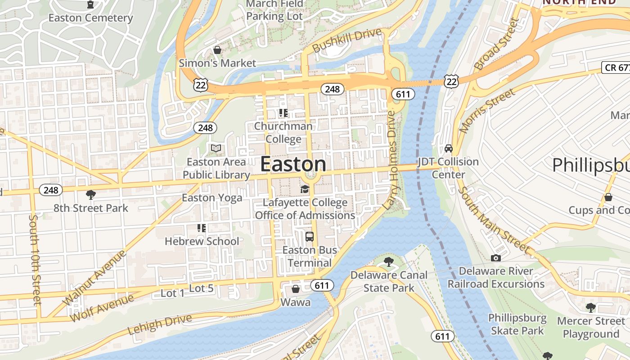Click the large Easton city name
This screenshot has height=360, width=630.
tap(293, 164)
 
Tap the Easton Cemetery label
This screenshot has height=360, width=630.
tap(90, 18)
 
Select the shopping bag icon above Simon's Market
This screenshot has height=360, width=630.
tap(217, 49)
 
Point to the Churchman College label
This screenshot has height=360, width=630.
tap(283, 132)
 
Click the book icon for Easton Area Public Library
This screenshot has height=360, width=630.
tap(216, 148)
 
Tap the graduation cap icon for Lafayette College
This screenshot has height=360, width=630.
tap(305, 189)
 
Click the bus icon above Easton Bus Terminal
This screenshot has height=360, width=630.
tap(310, 236)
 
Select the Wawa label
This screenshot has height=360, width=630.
tap(295, 302)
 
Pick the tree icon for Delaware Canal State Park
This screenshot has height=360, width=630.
tap(388, 261)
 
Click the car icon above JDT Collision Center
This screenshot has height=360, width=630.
tap(448, 148)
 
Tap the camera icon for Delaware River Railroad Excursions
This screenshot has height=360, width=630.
tap(495, 258)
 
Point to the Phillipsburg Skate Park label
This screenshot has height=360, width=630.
tap(517, 324)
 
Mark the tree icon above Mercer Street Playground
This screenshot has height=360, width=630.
tap(590, 308)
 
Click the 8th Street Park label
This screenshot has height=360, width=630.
tap(91, 208)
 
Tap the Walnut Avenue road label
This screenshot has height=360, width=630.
tap(94, 278)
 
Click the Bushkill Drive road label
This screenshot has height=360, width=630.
tap(346, 40)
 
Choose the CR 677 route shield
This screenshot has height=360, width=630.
tap(616, 67)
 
